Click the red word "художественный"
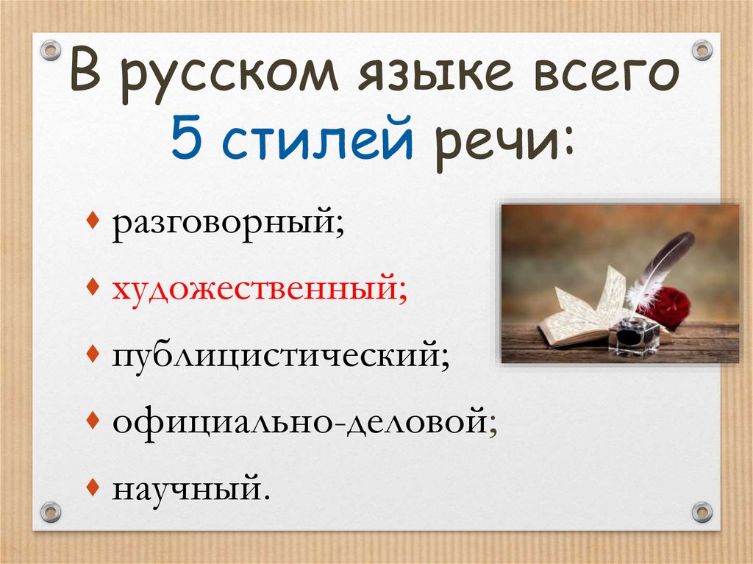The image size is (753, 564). (257, 288)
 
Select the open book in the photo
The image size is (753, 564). (581, 313)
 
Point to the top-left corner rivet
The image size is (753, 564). (51, 51)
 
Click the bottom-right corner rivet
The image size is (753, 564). (702, 512)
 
